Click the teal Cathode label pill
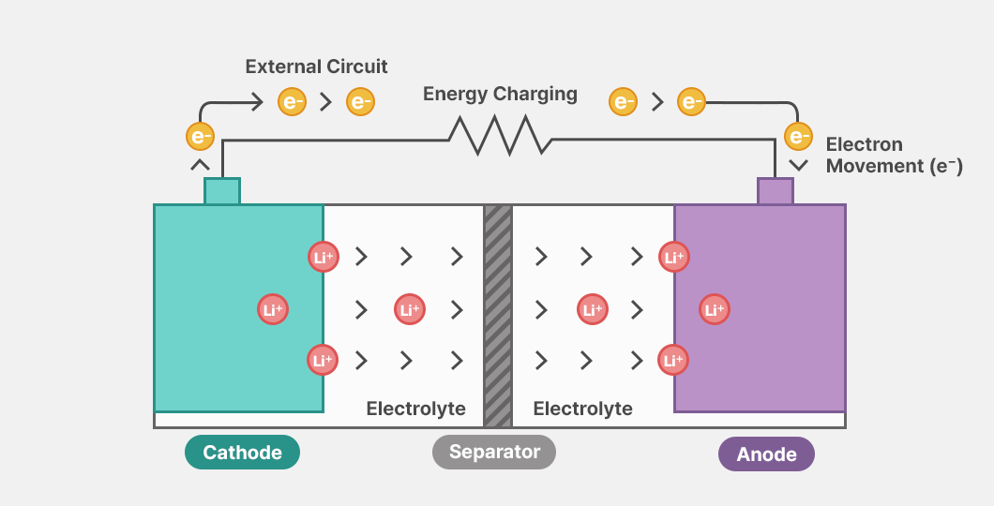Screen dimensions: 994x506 (242, 453)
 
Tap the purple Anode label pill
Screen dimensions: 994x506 (766, 454)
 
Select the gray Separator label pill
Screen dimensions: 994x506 (494, 453)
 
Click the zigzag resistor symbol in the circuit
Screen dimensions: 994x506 (500, 135)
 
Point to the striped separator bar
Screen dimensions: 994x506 (498, 316)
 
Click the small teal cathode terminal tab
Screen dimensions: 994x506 (222, 191)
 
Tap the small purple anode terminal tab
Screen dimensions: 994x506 (776, 191)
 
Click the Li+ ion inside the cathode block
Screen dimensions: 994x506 (273, 309)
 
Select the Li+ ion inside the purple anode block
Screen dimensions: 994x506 (715, 309)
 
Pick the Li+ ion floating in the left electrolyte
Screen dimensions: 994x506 (410, 309)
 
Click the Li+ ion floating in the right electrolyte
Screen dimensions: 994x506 (593, 309)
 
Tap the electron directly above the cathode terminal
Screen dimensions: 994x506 (201, 136)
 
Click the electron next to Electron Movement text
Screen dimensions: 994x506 (798, 136)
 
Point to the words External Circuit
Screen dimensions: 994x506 (316, 67)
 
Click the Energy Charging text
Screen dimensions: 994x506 (500, 94)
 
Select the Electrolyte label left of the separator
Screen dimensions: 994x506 (415, 409)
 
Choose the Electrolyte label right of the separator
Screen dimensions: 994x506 (582, 409)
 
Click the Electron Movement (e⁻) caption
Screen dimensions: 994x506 (894, 156)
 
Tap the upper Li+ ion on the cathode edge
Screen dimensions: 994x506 (324, 257)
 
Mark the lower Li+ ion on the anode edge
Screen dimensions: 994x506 (673, 361)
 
